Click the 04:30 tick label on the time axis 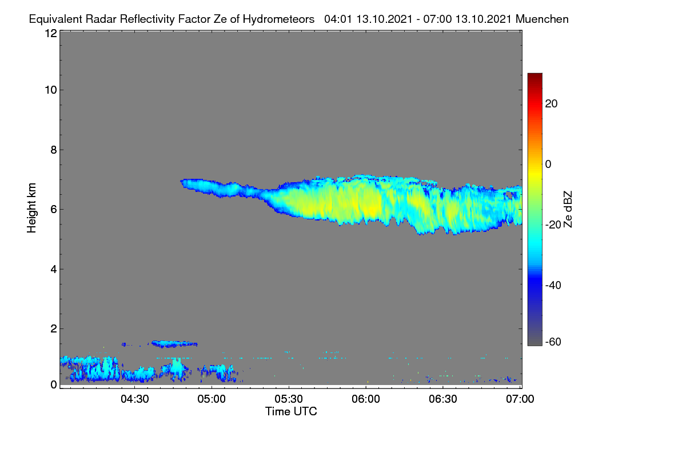pyautogui.click(x=135, y=399)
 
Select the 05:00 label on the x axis pyautogui.click(x=212, y=399)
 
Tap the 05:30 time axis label pyautogui.click(x=289, y=399)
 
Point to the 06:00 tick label pyautogui.click(x=366, y=399)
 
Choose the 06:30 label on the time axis pyautogui.click(x=443, y=399)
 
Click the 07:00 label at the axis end pyautogui.click(x=520, y=399)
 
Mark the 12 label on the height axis pyautogui.click(x=51, y=33)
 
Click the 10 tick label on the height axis pyautogui.click(x=51, y=90)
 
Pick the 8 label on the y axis pyautogui.click(x=54, y=150)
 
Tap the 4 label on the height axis pyautogui.click(x=54, y=270)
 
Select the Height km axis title pyautogui.click(x=31, y=208)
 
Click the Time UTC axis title pyautogui.click(x=291, y=411)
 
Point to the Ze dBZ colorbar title pyautogui.click(x=568, y=210)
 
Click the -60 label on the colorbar pyautogui.click(x=553, y=342)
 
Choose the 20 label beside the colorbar pyautogui.click(x=551, y=104)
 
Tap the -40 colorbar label pyautogui.click(x=553, y=285)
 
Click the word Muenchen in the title pyautogui.click(x=542, y=19)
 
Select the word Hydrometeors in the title pyautogui.click(x=279, y=19)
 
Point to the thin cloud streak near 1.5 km pyautogui.click(x=174, y=344)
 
